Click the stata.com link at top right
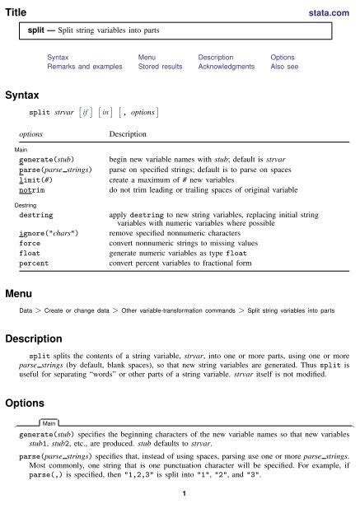pyautogui.click(x=332, y=12)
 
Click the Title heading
pyautogui.click(x=16, y=11)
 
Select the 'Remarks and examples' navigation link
pyautogui.click(x=81, y=65)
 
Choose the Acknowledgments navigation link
pyautogui.click(x=226, y=65)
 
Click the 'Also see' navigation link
pyautogui.click(x=288, y=65)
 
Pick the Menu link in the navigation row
pyautogui.click(x=149, y=56)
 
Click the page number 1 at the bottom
pyautogui.click(x=180, y=516)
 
